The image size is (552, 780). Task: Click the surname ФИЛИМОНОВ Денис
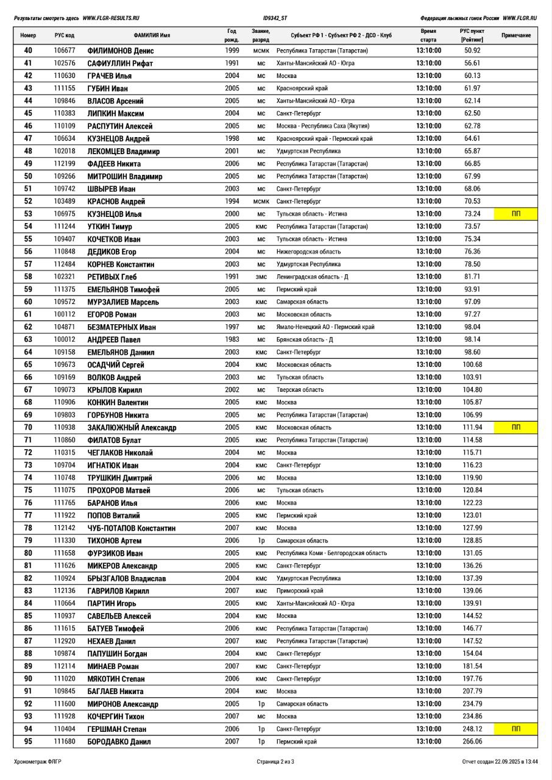(121, 51)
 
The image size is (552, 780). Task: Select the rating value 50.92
(472, 51)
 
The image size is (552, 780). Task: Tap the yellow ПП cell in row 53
(515, 214)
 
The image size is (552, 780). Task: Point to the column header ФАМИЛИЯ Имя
(152, 35)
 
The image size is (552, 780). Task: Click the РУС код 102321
(65, 277)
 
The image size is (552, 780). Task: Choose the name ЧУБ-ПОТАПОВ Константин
(131, 528)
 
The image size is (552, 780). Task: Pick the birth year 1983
(232, 339)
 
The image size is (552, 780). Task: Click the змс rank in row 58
(261, 277)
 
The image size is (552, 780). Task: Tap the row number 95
(28, 742)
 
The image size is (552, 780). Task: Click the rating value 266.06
(472, 742)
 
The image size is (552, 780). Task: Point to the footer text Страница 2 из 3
(275, 761)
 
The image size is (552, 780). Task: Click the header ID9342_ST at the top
(275, 18)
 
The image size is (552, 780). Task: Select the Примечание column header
(515, 35)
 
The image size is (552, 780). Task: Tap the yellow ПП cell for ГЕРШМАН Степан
(515, 729)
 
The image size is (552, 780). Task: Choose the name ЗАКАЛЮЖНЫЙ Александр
(132, 428)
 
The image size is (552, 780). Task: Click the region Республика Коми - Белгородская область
(331, 553)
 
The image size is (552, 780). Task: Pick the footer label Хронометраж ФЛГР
(38, 761)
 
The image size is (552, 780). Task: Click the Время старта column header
(428, 35)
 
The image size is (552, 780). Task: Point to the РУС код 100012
(65, 339)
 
